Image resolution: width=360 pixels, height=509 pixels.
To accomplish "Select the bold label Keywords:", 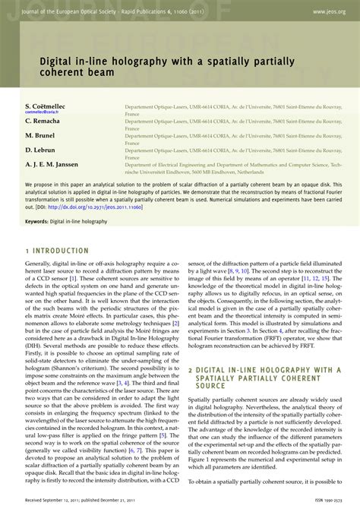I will pyautogui.click(x=42, y=221).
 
